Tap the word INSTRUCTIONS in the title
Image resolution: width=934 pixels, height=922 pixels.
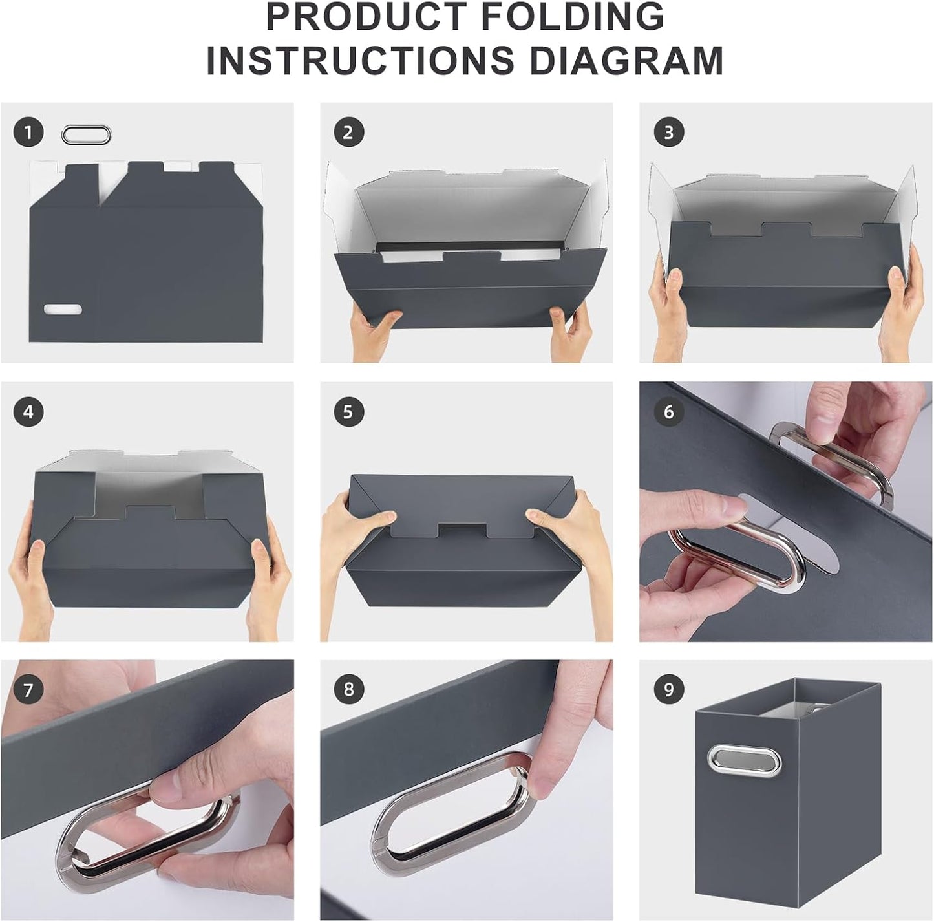(360, 61)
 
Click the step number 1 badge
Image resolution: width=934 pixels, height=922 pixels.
(28, 133)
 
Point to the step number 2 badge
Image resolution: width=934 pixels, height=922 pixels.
(348, 133)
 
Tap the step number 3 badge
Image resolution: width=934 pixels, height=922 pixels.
(668, 133)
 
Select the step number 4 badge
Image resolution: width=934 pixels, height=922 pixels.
(28, 412)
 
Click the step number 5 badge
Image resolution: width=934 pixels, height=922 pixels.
(348, 412)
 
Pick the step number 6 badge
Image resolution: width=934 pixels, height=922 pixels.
(668, 412)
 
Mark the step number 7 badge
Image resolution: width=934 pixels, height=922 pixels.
(28, 691)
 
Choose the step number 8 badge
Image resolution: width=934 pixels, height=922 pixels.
(348, 689)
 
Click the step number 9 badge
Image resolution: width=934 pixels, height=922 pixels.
(668, 689)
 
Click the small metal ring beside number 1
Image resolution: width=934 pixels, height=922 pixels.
(86, 135)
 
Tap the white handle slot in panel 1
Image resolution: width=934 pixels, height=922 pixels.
(63, 310)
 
